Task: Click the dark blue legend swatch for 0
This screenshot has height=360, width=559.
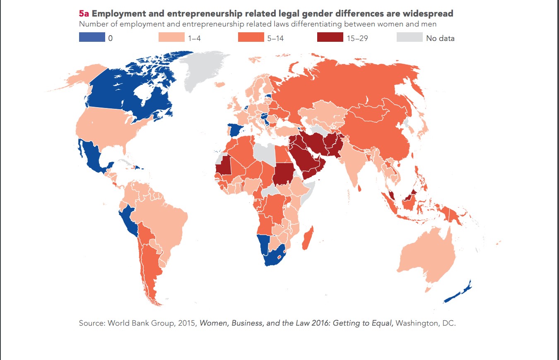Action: click(92, 38)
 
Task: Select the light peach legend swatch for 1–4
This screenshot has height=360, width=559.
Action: click(171, 38)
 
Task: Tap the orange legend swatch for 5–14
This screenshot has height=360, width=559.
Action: click(251, 38)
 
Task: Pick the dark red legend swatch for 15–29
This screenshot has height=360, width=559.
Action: click(330, 38)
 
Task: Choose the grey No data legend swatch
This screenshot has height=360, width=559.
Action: click(410, 38)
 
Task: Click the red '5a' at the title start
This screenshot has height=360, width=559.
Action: click(84, 14)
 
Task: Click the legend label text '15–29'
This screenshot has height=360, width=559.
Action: click(358, 38)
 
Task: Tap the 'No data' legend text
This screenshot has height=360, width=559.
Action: click(441, 38)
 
